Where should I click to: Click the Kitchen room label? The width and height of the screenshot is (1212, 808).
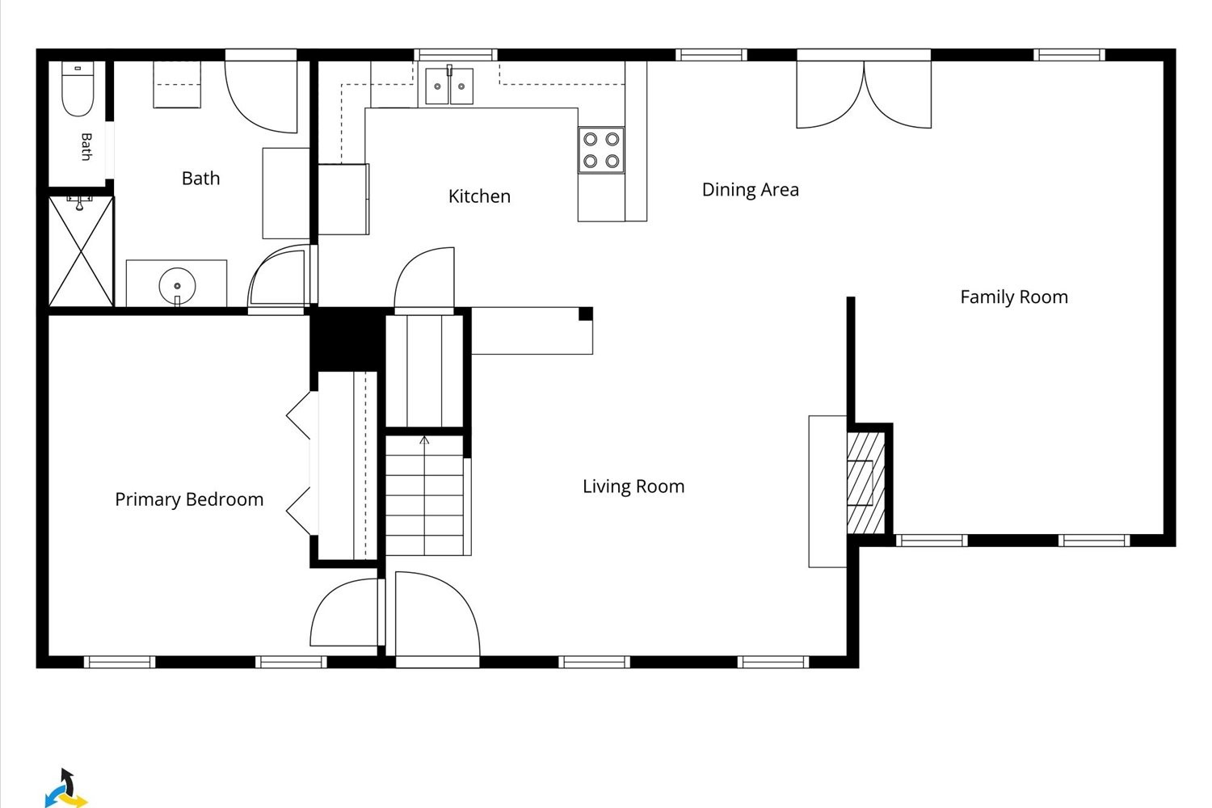pyautogui.click(x=479, y=196)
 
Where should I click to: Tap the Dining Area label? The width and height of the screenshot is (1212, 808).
pyautogui.click(x=750, y=190)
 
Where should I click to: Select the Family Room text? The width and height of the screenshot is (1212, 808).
pyautogui.click(x=1014, y=297)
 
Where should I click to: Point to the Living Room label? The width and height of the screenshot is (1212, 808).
pyautogui.click(x=633, y=486)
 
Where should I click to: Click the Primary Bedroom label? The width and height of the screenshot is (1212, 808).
pyautogui.click(x=189, y=499)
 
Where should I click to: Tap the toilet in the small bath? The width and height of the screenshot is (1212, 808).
pyautogui.click(x=78, y=89)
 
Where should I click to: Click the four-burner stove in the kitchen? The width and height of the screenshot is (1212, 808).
pyautogui.click(x=601, y=150)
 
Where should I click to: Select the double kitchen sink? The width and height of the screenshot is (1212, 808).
pyautogui.click(x=449, y=86)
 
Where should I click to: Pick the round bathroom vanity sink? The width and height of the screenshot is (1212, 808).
pyautogui.click(x=177, y=286)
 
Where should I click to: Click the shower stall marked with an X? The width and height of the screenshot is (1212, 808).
pyautogui.click(x=81, y=251)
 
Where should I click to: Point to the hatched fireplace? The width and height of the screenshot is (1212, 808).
pyautogui.click(x=865, y=482)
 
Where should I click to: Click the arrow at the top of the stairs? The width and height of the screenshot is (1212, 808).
pyautogui.click(x=424, y=440)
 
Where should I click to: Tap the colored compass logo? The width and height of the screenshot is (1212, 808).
pyautogui.click(x=65, y=789)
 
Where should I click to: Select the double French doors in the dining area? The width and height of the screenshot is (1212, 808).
pyautogui.click(x=864, y=93)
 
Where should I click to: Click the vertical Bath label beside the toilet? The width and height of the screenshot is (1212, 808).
pyautogui.click(x=86, y=147)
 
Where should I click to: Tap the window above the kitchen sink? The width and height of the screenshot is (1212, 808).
pyautogui.click(x=456, y=55)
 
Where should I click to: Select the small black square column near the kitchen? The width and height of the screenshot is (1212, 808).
pyautogui.click(x=586, y=314)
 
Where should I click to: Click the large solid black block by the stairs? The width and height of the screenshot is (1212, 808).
pyautogui.click(x=347, y=339)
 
